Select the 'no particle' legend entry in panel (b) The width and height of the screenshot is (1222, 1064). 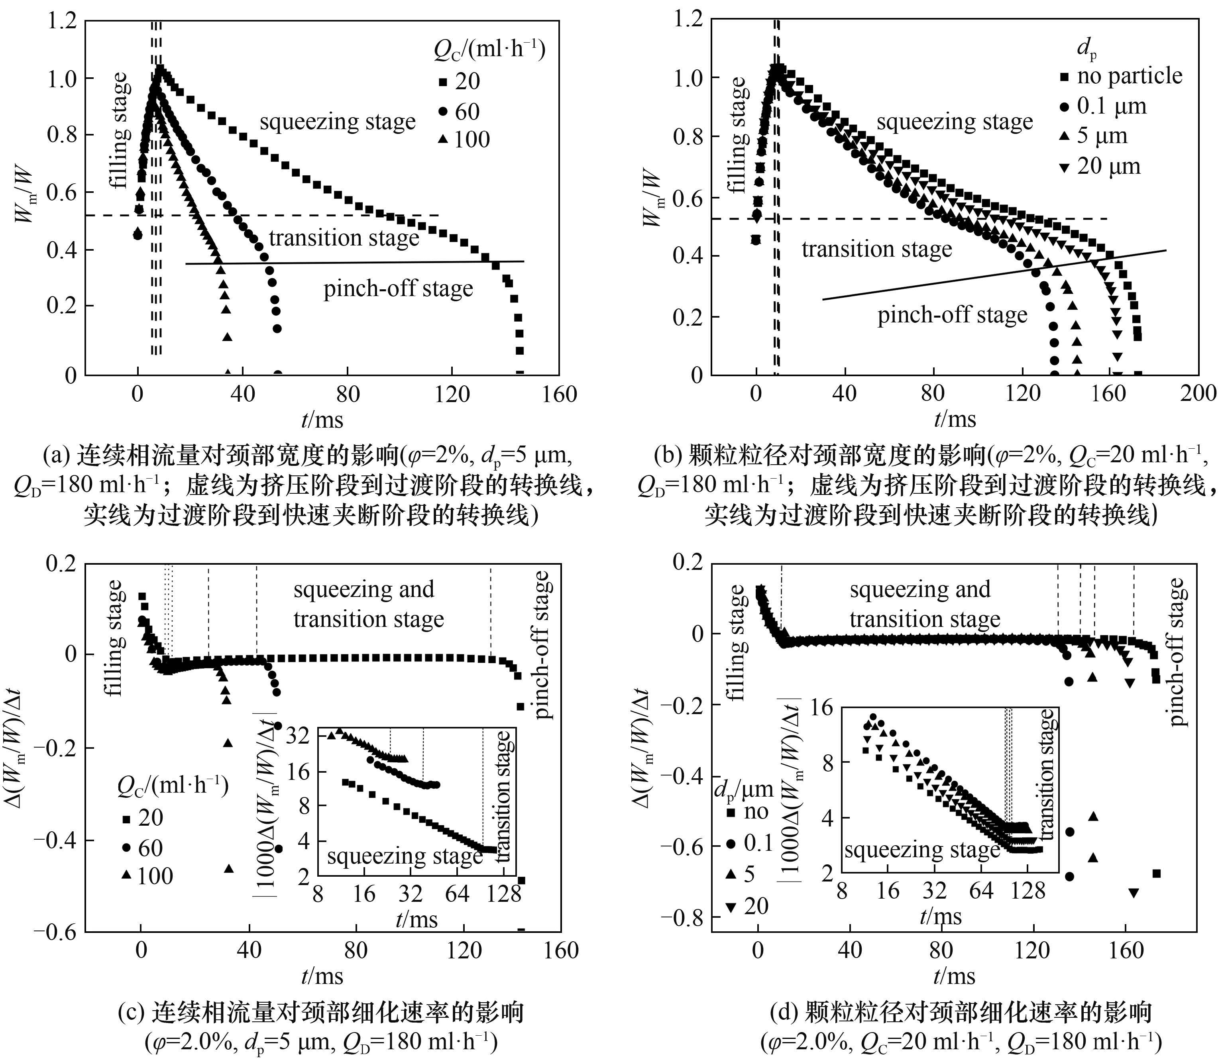point(1129,76)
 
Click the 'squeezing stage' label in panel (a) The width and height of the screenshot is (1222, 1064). point(337,122)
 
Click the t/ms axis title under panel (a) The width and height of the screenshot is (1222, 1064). point(322,420)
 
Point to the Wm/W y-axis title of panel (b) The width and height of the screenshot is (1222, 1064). point(652,198)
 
